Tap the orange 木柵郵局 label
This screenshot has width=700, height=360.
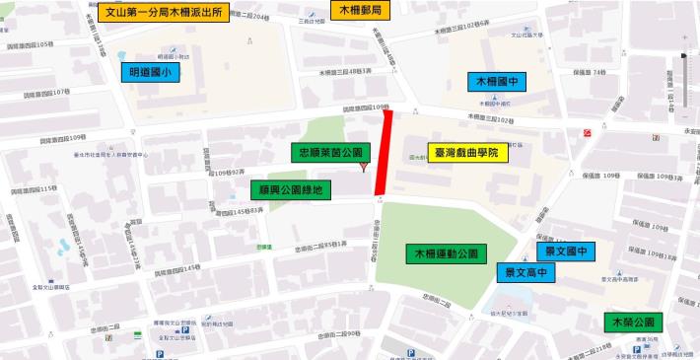click(x=360, y=12)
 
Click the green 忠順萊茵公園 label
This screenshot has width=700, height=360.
click(x=329, y=152)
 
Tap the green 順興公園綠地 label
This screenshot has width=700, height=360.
click(x=288, y=188)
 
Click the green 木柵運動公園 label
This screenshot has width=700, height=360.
click(x=446, y=253)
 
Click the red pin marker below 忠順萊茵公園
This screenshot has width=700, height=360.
click(x=365, y=168)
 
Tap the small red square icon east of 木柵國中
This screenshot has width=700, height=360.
click(x=588, y=131)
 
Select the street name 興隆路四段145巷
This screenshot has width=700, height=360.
click(x=179, y=267)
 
